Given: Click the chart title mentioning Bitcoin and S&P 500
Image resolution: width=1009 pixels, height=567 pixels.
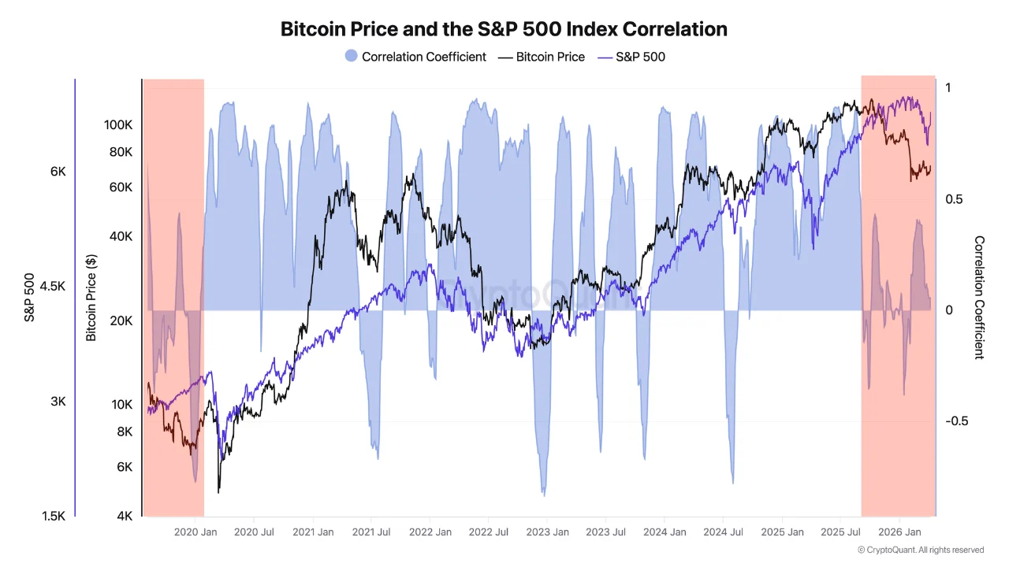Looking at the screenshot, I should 504,29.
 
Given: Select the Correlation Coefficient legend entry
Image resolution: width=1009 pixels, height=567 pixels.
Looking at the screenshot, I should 415,57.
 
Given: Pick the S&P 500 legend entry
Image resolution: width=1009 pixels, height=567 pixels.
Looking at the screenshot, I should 631,57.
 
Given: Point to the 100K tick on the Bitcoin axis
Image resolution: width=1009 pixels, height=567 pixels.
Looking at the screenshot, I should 117,125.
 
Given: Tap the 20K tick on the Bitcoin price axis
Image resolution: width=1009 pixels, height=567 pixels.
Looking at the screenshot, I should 121,321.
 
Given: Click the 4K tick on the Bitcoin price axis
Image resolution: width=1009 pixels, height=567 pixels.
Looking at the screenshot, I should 124,517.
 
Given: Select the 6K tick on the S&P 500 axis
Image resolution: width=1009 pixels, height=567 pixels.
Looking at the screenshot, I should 58,172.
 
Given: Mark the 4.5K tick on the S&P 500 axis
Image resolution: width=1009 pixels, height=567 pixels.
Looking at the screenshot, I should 52,287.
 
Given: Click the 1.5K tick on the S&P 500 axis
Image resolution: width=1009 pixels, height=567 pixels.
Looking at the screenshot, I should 52,517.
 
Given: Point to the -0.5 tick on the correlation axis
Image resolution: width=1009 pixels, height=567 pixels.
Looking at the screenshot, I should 957,421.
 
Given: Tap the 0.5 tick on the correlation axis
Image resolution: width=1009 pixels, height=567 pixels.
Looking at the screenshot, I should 954,199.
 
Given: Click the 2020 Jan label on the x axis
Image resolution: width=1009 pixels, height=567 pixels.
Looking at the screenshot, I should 195,532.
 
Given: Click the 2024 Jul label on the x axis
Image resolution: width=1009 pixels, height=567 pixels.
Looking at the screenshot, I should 722,532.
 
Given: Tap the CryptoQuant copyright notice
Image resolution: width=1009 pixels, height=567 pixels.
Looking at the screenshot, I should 920,550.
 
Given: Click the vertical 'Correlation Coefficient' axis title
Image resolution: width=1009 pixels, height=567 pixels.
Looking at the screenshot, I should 979,298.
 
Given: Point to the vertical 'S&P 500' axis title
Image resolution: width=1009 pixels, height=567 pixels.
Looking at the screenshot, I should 29,298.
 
